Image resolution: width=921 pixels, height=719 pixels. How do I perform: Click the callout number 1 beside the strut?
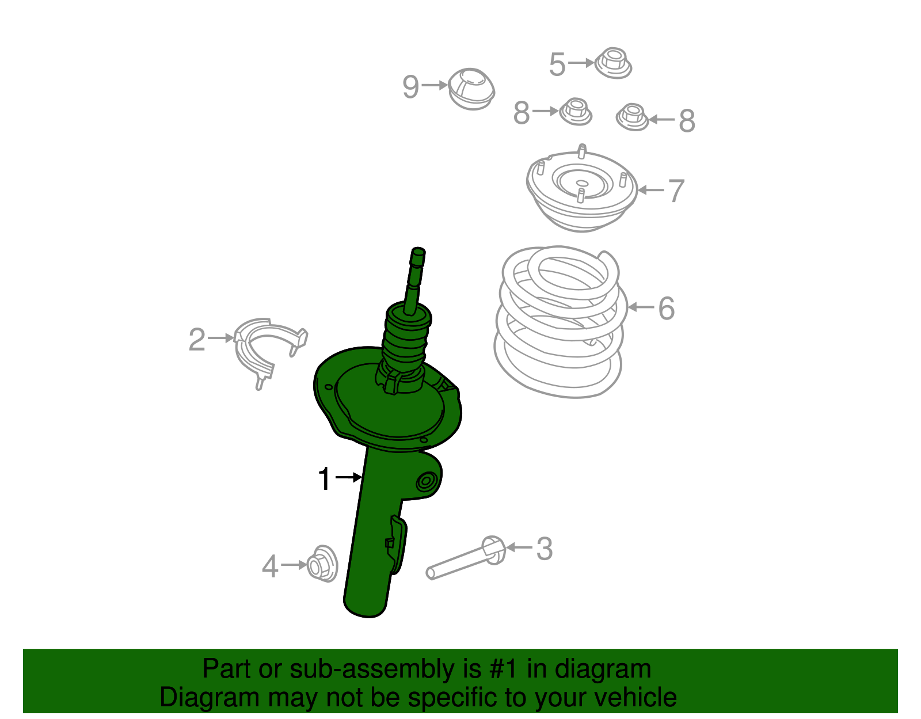(x=325, y=479)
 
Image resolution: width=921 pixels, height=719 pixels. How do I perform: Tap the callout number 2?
(x=197, y=340)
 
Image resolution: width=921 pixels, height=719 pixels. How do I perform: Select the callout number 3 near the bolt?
(x=544, y=549)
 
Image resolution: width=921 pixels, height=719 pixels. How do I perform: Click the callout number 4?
(x=270, y=567)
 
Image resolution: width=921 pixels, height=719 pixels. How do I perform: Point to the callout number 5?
(x=557, y=64)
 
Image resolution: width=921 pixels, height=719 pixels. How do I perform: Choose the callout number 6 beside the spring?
(x=666, y=309)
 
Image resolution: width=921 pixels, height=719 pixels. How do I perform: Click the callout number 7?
(x=676, y=191)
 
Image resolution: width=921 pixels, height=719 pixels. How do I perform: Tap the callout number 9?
(x=410, y=88)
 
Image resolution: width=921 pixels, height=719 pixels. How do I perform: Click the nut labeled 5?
(x=612, y=63)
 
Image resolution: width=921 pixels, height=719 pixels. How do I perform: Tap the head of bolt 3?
(x=493, y=549)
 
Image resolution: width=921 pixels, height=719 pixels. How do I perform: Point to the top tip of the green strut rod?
(x=418, y=252)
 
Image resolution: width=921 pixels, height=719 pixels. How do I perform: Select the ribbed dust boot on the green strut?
(x=406, y=340)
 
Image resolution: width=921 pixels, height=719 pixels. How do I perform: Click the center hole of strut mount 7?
(x=582, y=184)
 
